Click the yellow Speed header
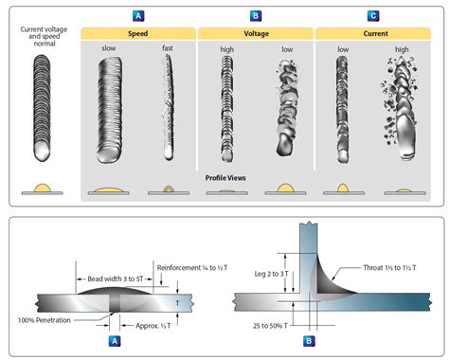click(x=138, y=34)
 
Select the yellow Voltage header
click(x=256, y=34)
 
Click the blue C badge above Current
click(x=373, y=16)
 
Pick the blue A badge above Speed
click(x=138, y=16)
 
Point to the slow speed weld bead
click(x=109, y=110)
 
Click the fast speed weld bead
click(x=169, y=107)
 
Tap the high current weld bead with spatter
click(x=401, y=107)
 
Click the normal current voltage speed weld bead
click(x=42, y=108)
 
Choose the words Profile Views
click(x=225, y=178)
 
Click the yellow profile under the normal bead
click(x=43, y=188)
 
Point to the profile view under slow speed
click(x=109, y=190)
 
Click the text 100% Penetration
click(x=45, y=320)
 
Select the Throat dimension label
click(x=389, y=268)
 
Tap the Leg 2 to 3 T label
click(x=272, y=274)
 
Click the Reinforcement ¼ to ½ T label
click(x=192, y=268)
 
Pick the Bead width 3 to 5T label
click(x=116, y=279)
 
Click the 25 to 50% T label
click(x=270, y=326)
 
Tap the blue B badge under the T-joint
click(x=309, y=341)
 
